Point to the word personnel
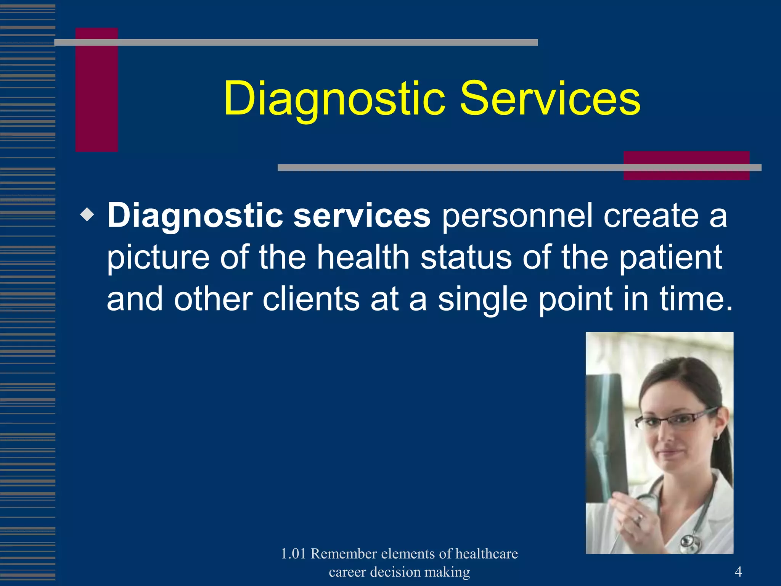(517, 216)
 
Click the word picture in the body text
(158, 258)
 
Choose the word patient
(670, 258)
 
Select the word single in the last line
(482, 299)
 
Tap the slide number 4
(738, 572)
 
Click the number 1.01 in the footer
(293, 554)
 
